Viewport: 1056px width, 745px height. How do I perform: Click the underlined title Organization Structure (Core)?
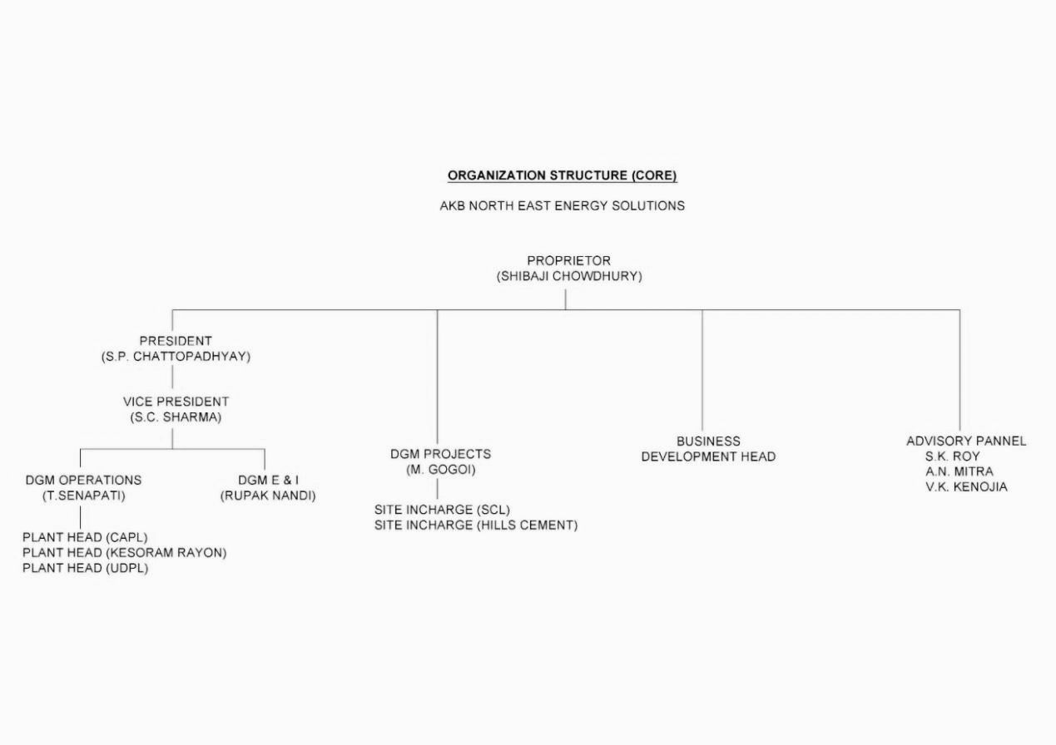coord(562,175)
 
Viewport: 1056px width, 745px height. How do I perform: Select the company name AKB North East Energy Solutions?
coord(562,206)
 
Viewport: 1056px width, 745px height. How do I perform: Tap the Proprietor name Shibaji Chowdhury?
coord(569,276)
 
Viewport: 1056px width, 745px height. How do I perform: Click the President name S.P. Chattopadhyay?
coord(176,357)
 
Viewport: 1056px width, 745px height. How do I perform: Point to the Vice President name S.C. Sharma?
coord(176,417)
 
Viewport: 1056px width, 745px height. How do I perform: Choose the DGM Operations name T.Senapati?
coord(84,496)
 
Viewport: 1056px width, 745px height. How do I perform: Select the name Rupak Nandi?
coord(268,496)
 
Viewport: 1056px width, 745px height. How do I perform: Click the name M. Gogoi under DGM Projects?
coord(441,470)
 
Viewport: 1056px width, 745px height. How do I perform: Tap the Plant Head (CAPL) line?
coord(86,537)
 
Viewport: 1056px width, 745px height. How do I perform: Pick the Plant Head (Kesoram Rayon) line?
coord(125,552)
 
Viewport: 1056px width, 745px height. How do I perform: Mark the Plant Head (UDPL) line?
coord(86,568)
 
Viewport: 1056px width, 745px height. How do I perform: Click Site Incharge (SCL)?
coord(442,510)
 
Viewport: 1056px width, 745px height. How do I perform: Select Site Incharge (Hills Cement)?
coord(476,525)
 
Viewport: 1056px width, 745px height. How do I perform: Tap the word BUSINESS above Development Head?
coord(708,442)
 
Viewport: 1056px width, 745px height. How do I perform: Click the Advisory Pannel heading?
coord(966,441)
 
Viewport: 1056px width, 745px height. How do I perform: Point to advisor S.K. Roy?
coord(952,456)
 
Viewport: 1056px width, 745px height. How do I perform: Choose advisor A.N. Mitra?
coord(959,471)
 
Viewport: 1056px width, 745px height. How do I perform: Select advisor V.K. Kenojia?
coord(966,486)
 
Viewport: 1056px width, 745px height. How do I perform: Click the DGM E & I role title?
coord(268,480)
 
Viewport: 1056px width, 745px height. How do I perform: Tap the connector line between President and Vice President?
coord(172,377)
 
